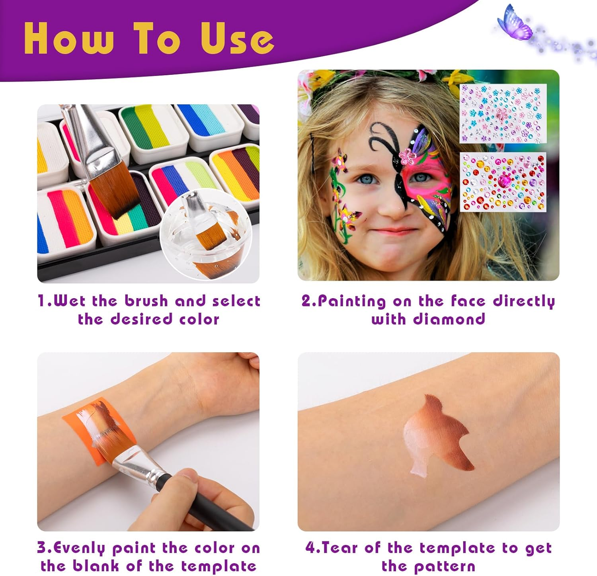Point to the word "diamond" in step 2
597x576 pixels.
(449, 319)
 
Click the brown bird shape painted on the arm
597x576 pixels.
(438, 432)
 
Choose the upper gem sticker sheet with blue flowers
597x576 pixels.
(503, 113)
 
